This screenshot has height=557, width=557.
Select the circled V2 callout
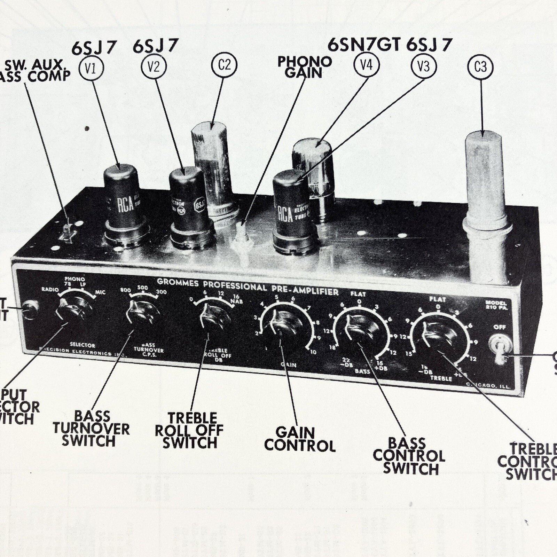coord(153,66)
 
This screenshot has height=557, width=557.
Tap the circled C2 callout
coord(225,64)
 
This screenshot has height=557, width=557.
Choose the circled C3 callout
coord(480,66)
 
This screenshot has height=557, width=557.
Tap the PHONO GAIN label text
coord(304,67)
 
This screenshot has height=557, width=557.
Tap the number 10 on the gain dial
coord(313,352)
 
